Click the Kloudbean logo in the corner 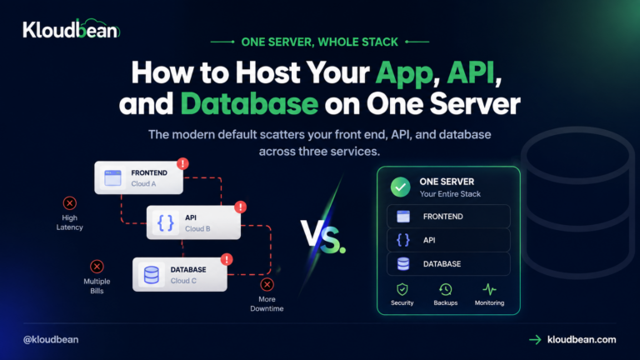72,28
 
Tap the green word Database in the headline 249,103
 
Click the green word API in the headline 471,72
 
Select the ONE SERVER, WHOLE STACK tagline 320,42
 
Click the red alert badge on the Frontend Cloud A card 182,163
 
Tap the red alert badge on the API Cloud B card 240,207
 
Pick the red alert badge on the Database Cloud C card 227,260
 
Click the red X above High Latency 69,202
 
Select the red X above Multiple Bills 97,267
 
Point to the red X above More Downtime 267,284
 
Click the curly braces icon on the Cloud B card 166,222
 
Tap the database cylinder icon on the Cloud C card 152,275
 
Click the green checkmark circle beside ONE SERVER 400,187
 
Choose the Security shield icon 402,289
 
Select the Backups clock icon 445,289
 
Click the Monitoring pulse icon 489,289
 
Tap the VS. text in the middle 322,237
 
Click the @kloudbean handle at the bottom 51,340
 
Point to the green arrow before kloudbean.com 535,340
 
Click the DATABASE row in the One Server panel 448,264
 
